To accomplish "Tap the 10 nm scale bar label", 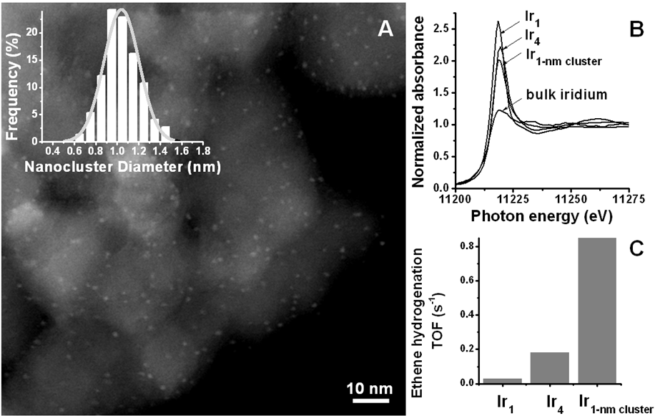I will pos(370,388).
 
